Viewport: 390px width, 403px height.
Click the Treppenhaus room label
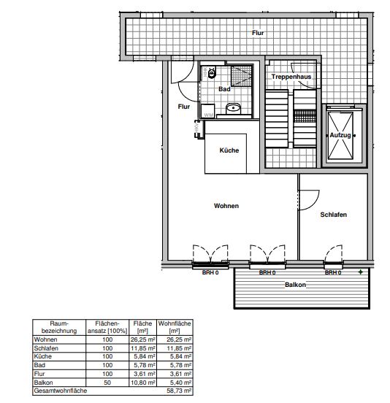coord(291,77)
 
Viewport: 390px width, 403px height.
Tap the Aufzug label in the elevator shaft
coord(340,135)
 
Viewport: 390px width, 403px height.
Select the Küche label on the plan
coord(229,150)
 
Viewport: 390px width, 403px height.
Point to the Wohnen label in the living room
coord(226,206)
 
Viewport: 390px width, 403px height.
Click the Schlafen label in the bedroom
coord(334,215)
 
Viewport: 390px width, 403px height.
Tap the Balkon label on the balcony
coord(295,285)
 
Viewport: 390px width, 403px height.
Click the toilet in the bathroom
coord(212,72)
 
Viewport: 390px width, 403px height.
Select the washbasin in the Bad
coord(233,108)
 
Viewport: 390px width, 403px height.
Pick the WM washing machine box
coord(207,111)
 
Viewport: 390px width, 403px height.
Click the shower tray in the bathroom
coord(241,76)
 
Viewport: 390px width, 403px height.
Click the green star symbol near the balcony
coord(361,272)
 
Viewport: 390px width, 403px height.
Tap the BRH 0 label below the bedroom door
coord(333,272)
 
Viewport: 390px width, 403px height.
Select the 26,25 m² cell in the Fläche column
coord(142,339)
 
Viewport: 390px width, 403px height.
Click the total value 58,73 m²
coord(179,391)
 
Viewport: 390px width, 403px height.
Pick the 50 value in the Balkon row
coord(107,383)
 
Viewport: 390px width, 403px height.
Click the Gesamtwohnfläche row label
coord(61,391)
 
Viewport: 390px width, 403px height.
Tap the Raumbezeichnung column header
coord(59,327)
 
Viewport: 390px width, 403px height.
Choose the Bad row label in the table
coord(39,365)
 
